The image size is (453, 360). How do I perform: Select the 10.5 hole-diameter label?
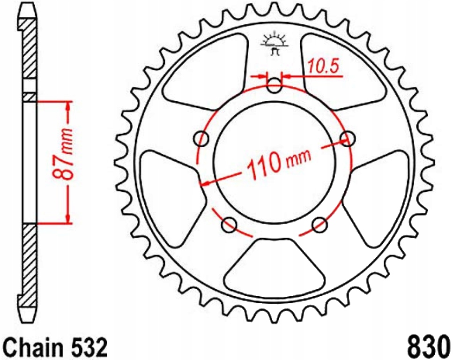324,67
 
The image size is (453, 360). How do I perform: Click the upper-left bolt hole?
202,139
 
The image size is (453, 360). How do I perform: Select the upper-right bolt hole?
347,137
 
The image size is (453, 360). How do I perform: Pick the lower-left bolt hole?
230,224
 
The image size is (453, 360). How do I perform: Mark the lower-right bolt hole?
320,224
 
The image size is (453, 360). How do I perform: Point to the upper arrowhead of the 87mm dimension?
68,105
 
